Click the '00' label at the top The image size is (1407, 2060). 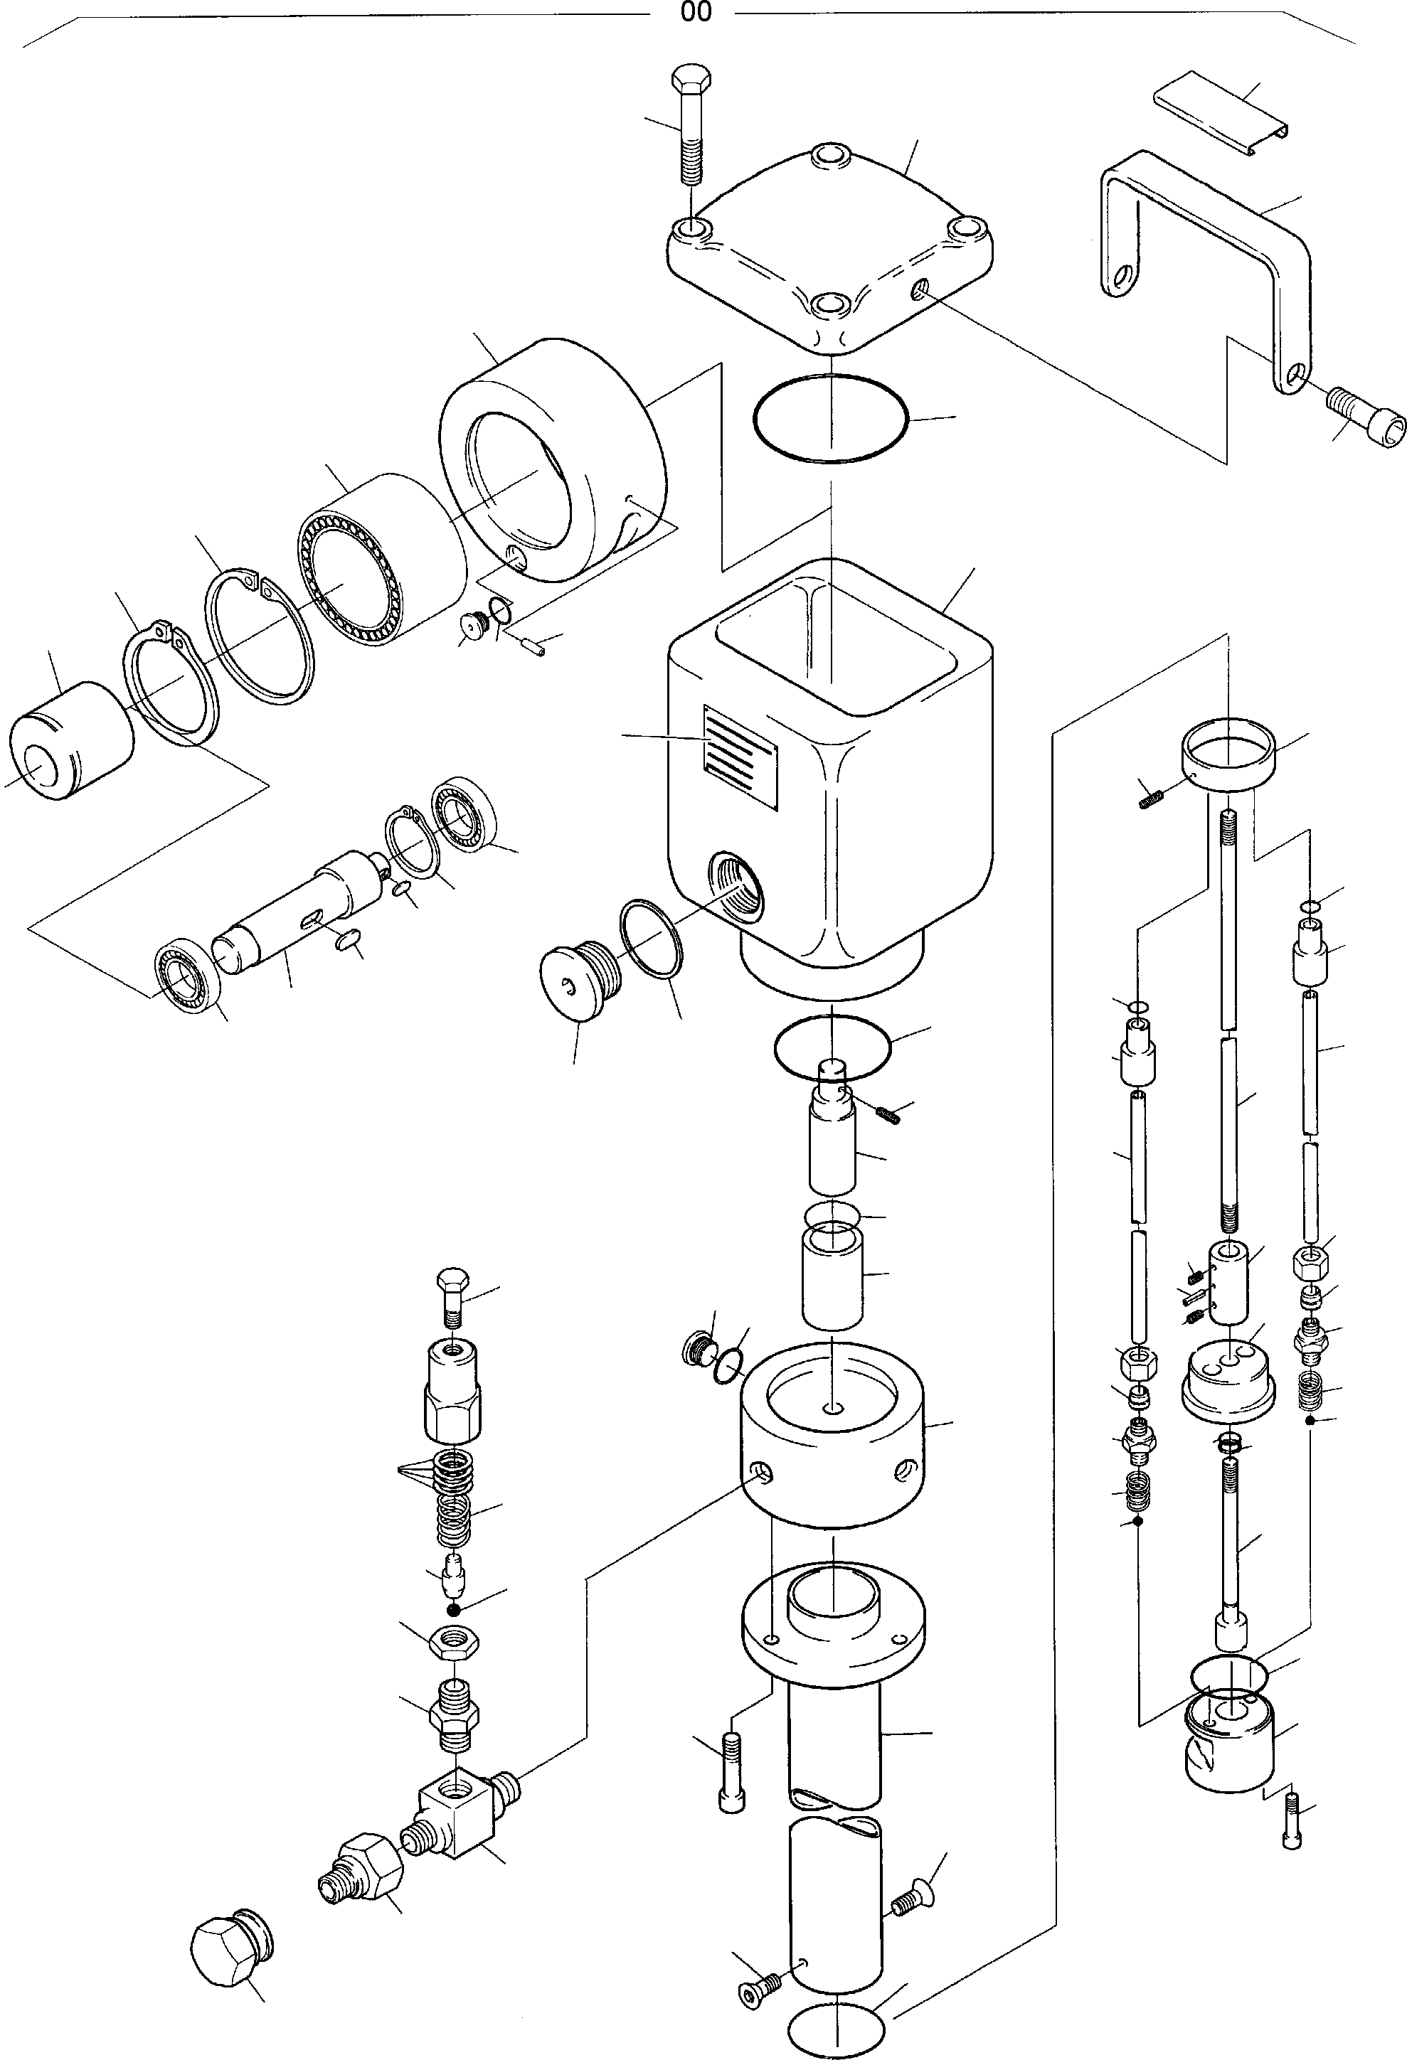pyautogui.click(x=696, y=12)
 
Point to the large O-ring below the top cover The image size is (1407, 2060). pyautogui.click(x=830, y=417)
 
